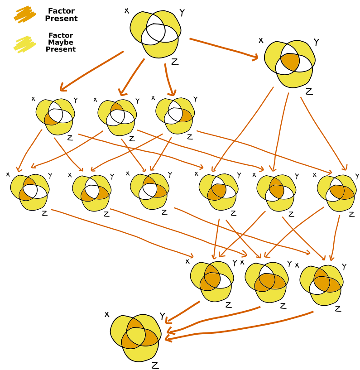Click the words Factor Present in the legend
click(x=61, y=15)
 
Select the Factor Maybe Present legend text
click(x=61, y=42)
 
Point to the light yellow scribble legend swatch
click(x=25, y=43)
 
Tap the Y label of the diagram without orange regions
click(x=182, y=13)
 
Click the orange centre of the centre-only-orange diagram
click(x=290, y=61)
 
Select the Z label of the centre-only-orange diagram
click(x=309, y=92)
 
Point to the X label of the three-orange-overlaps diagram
click(x=107, y=314)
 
